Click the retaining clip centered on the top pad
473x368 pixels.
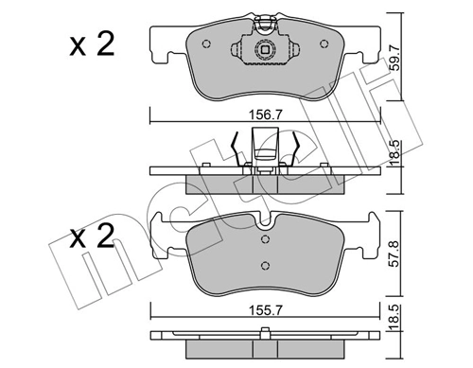[x=266, y=44]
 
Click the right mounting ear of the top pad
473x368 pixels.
[x=363, y=40]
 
